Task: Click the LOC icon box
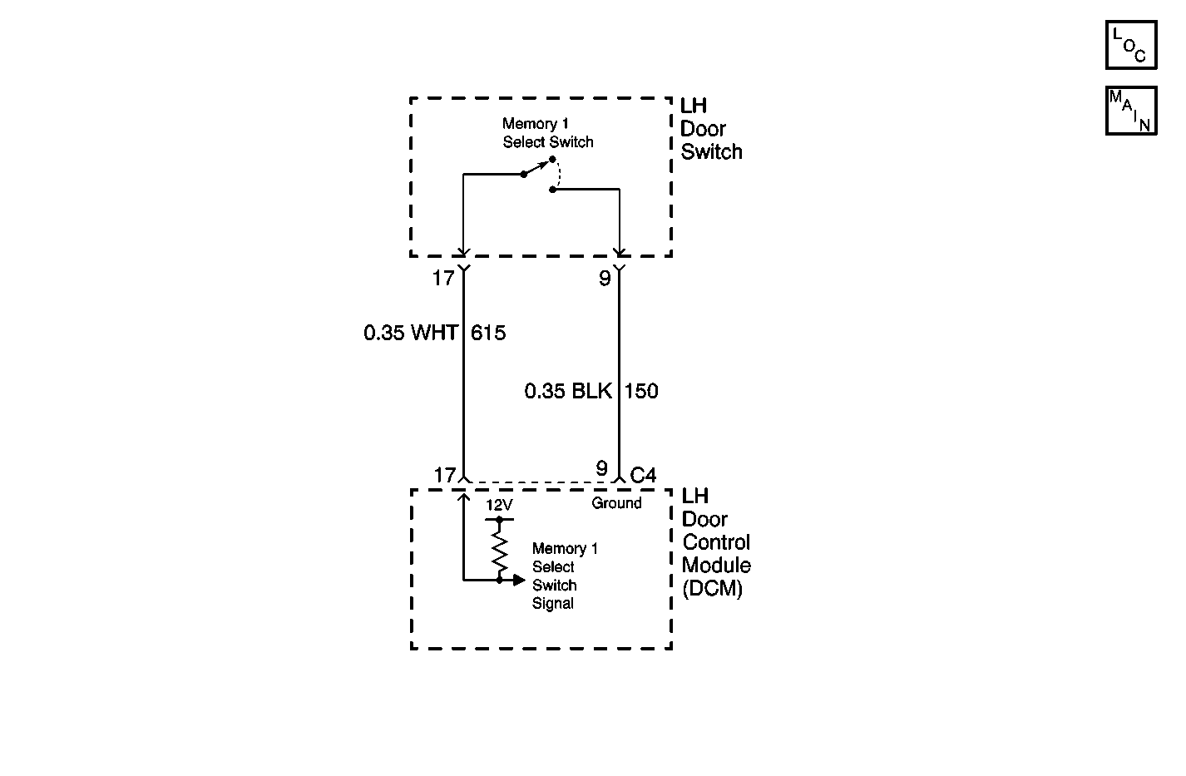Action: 1130,44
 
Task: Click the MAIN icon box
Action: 1130,111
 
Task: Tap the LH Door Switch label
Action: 710,129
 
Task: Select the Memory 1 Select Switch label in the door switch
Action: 547,133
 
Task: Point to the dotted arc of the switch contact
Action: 560,175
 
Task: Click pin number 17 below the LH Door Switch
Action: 442,278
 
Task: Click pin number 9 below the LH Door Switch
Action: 605,278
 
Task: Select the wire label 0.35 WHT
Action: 410,333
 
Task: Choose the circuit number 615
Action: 488,333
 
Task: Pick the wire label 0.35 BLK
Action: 568,391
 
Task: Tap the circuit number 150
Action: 641,391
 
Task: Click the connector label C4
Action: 644,475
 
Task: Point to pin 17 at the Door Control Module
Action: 445,475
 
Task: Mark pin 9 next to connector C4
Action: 601,469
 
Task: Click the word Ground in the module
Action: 616,503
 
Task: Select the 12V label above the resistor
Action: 499,505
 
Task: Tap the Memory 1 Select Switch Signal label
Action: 564,576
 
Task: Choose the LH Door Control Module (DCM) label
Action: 715,542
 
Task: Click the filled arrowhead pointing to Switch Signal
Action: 520,580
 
